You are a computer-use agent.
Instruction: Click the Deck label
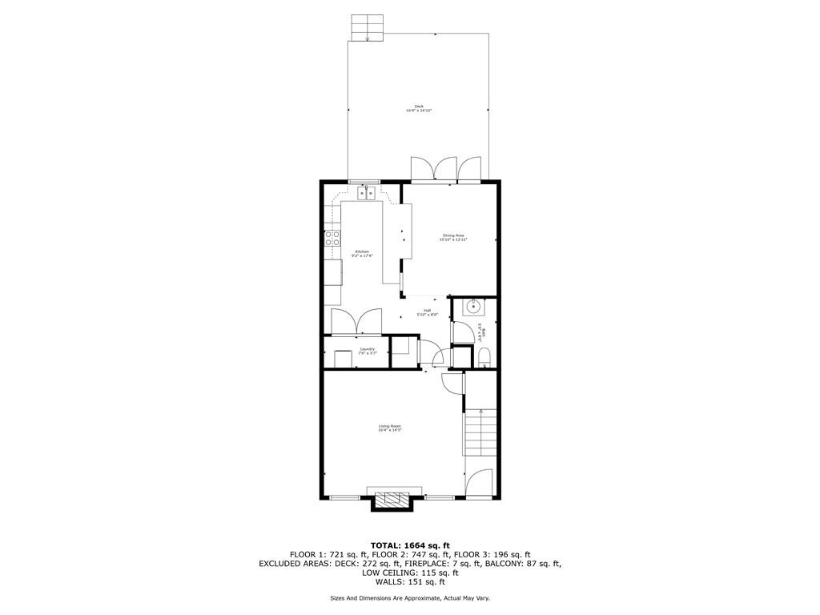(418, 108)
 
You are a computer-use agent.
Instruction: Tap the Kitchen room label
(362, 253)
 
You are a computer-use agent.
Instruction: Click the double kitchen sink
(367, 193)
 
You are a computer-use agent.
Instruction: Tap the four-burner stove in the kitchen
(332, 238)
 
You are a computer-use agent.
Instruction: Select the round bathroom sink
(474, 305)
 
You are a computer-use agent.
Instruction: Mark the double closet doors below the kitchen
(357, 322)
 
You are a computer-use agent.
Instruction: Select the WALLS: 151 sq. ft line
(409, 582)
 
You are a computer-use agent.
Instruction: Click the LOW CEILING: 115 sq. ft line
(409, 573)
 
